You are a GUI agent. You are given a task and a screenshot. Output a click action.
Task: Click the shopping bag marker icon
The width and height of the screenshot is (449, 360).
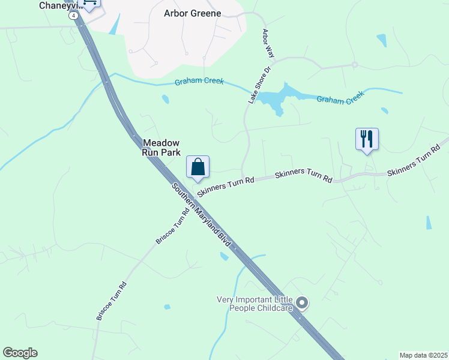point(198,167)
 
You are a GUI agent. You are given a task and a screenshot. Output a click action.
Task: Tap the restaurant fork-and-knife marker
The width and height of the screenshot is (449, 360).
point(366,139)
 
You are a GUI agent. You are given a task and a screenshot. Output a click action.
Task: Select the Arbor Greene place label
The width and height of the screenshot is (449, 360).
point(193,13)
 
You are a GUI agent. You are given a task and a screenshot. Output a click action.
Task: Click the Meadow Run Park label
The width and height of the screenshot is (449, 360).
point(161,148)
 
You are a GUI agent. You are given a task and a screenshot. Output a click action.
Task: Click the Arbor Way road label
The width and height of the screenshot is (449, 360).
point(267,43)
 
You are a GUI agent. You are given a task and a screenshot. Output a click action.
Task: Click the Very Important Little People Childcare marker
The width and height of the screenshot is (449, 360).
point(302,304)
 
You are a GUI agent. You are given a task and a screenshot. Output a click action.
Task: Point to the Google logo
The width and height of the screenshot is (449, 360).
point(20,353)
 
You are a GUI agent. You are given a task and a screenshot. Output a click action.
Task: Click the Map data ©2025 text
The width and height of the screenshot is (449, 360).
point(423,355)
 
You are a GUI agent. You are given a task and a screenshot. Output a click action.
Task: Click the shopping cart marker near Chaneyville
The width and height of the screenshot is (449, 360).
point(90,4)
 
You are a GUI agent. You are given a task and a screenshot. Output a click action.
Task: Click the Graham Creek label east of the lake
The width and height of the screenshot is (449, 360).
point(340,98)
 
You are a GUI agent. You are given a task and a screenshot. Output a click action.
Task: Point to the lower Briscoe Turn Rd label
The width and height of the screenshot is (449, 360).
point(112,301)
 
